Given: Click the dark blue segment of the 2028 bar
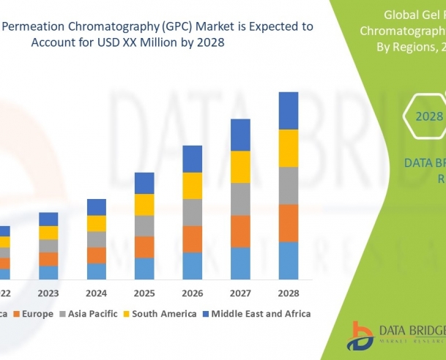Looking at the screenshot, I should click(x=289, y=110).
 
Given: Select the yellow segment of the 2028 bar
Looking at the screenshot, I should click(x=289, y=148).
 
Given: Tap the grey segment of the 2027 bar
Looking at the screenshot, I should click(x=240, y=199).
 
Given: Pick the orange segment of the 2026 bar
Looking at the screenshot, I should click(x=193, y=239).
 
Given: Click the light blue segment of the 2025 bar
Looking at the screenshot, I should click(x=144, y=268).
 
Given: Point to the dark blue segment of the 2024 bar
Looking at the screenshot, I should click(x=97, y=206).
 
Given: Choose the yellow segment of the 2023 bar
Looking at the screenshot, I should click(x=48, y=233).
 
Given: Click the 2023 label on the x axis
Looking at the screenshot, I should click(x=48, y=293).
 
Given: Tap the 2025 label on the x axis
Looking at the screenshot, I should click(x=144, y=293).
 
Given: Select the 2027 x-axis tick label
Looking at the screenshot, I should click(x=240, y=293).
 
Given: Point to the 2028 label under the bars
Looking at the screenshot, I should click(x=289, y=293).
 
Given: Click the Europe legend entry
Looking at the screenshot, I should click(x=32, y=313).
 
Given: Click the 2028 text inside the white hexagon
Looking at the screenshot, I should click(x=429, y=116).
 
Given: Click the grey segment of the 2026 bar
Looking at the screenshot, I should click(x=193, y=212).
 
